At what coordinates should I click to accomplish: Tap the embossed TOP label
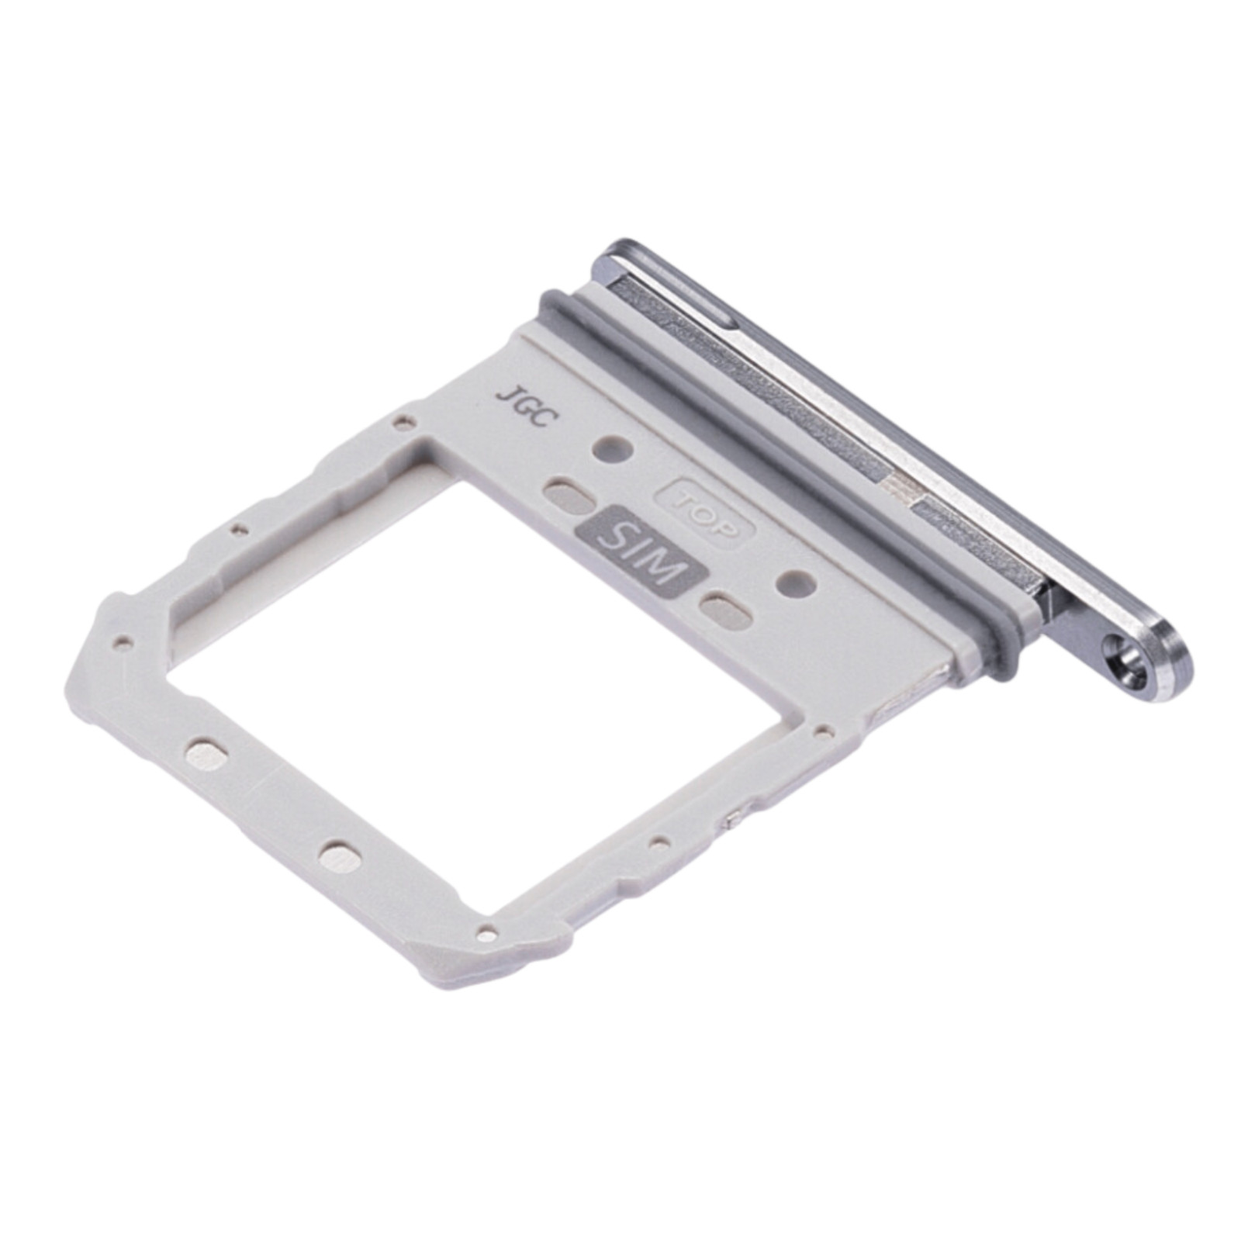[x=704, y=511]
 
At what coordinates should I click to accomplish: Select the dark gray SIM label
[x=643, y=551]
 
